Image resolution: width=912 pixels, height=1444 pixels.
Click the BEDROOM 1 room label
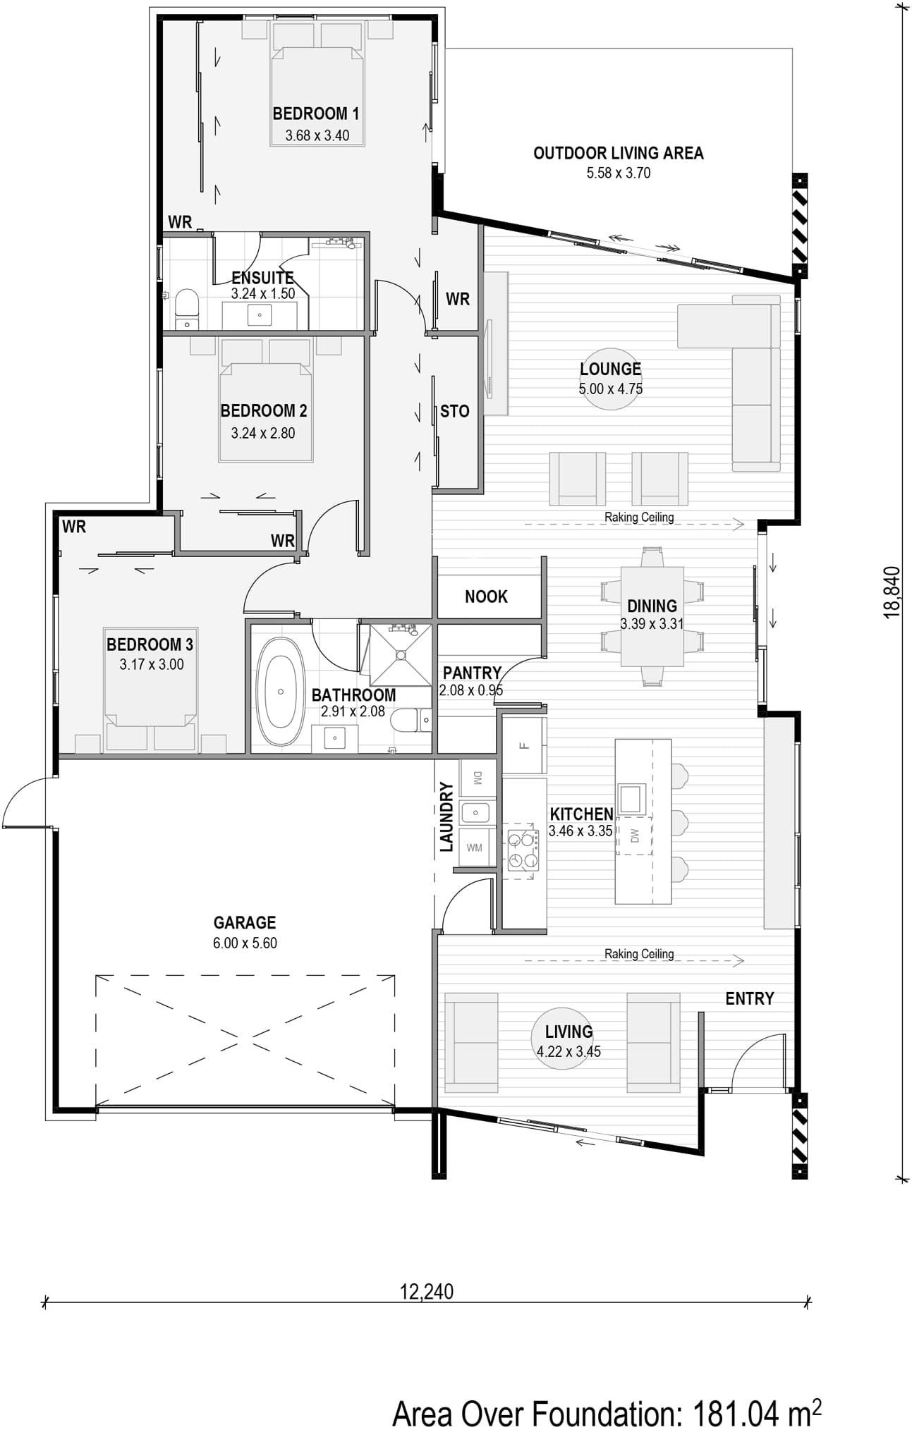click(x=316, y=113)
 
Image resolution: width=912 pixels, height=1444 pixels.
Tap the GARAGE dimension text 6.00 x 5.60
click(x=245, y=943)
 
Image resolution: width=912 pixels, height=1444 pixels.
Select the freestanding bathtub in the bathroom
click(x=280, y=692)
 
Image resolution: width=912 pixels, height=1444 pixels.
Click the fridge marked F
click(x=524, y=745)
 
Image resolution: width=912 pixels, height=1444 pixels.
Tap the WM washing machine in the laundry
click(x=474, y=847)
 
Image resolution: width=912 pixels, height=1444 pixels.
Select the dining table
click(x=652, y=616)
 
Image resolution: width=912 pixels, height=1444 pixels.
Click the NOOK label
click(x=486, y=596)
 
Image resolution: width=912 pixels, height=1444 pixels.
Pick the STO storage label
click(x=454, y=411)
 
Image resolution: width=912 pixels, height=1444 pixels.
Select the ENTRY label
click(x=750, y=998)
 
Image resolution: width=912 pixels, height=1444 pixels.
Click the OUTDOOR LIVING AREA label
click(x=618, y=153)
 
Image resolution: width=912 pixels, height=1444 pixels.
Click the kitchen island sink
click(x=630, y=798)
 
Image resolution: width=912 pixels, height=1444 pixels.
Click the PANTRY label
click(x=472, y=673)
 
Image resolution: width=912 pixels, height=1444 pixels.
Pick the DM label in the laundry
click(x=478, y=778)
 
